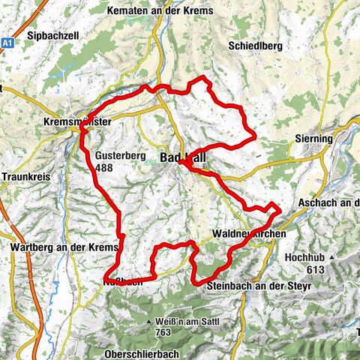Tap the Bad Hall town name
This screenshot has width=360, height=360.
pyautogui.click(x=183, y=157)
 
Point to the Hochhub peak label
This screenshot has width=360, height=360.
pyautogui.click(x=304, y=256)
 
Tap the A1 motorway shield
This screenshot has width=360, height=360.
pyautogui.click(x=7, y=43)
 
